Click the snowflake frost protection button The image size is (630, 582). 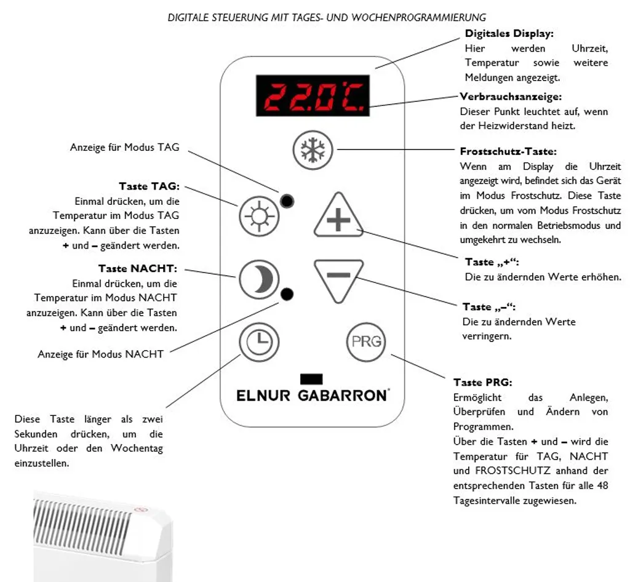coord(313,151)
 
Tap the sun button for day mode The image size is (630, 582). coord(259,216)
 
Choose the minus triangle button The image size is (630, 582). coord(338,278)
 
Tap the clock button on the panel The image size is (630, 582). coord(259,340)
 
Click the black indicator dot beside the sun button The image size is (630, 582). coord(287,201)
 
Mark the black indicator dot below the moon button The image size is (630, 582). coord(287,295)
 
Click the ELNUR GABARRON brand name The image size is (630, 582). coord(313,396)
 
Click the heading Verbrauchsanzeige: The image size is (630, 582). coord(511,97)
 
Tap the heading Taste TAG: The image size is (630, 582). coord(148,186)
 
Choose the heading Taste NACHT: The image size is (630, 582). coord(138,269)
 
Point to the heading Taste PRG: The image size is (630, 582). coord(482,383)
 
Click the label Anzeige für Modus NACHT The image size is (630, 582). coord(100,354)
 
